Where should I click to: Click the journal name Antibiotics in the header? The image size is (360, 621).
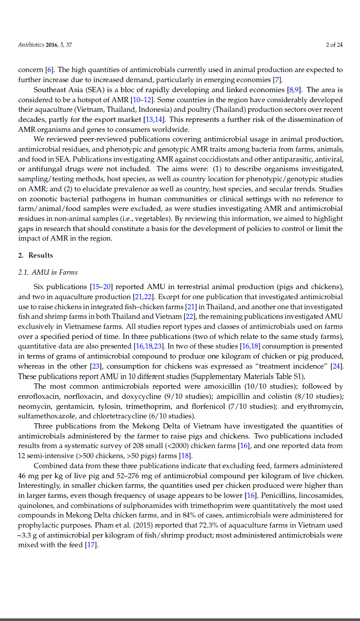tap(31, 45)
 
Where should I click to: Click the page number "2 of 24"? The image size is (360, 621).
tap(334, 45)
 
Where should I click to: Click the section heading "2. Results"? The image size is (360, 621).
tap(35, 255)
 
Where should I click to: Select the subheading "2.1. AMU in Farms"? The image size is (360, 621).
tap(48, 273)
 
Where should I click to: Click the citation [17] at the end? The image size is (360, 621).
tap(91, 545)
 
